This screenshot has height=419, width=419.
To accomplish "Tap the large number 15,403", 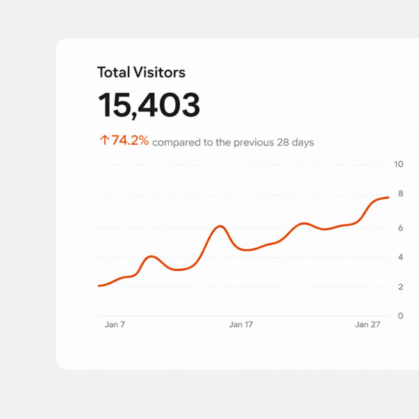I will [x=149, y=105].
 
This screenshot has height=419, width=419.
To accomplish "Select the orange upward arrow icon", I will [x=104, y=140].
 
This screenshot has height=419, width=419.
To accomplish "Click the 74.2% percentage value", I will [x=131, y=140].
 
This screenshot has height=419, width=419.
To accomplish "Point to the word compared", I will [x=174, y=142].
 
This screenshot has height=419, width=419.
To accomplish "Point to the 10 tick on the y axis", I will [x=399, y=165].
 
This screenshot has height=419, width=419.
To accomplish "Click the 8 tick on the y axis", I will [x=400, y=194].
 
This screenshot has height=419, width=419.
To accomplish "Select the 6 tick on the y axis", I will [x=400, y=228].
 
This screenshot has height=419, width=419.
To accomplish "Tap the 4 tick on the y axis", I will [x=400, y=257].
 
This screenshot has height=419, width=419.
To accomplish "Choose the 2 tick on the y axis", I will [x=400, y=287].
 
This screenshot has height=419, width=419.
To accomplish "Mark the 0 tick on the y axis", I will [x=400, y=316].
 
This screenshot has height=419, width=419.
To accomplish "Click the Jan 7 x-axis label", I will [x=115, y=325].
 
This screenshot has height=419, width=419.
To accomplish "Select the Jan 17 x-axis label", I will [x=241, y=325].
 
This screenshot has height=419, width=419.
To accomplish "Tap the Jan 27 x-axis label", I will [x=367, y=325].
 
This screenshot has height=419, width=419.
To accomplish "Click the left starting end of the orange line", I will [x=99, y=286].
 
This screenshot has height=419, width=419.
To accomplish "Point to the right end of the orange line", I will [x=388, y=198].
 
